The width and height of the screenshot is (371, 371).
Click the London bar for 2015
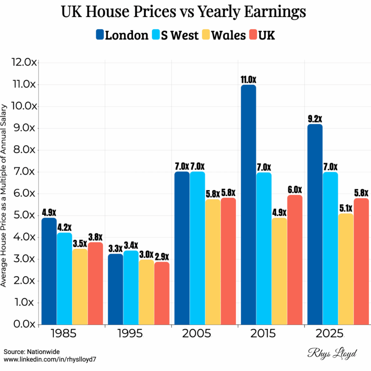coord(249,205)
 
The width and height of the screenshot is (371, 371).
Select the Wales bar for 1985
coord(80,286)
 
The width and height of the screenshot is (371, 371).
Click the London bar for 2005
coord(182,248)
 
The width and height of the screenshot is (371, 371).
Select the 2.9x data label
coord(162,257)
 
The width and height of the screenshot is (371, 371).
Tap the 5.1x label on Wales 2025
coord(346,208)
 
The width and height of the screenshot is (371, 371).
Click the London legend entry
coord(122,35)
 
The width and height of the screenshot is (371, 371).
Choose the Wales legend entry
coord(224,35)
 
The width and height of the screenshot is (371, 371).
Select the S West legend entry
coord(175,35)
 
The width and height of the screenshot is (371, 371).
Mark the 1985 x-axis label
coord(64,333)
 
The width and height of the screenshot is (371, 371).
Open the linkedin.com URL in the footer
coord(51,359)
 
